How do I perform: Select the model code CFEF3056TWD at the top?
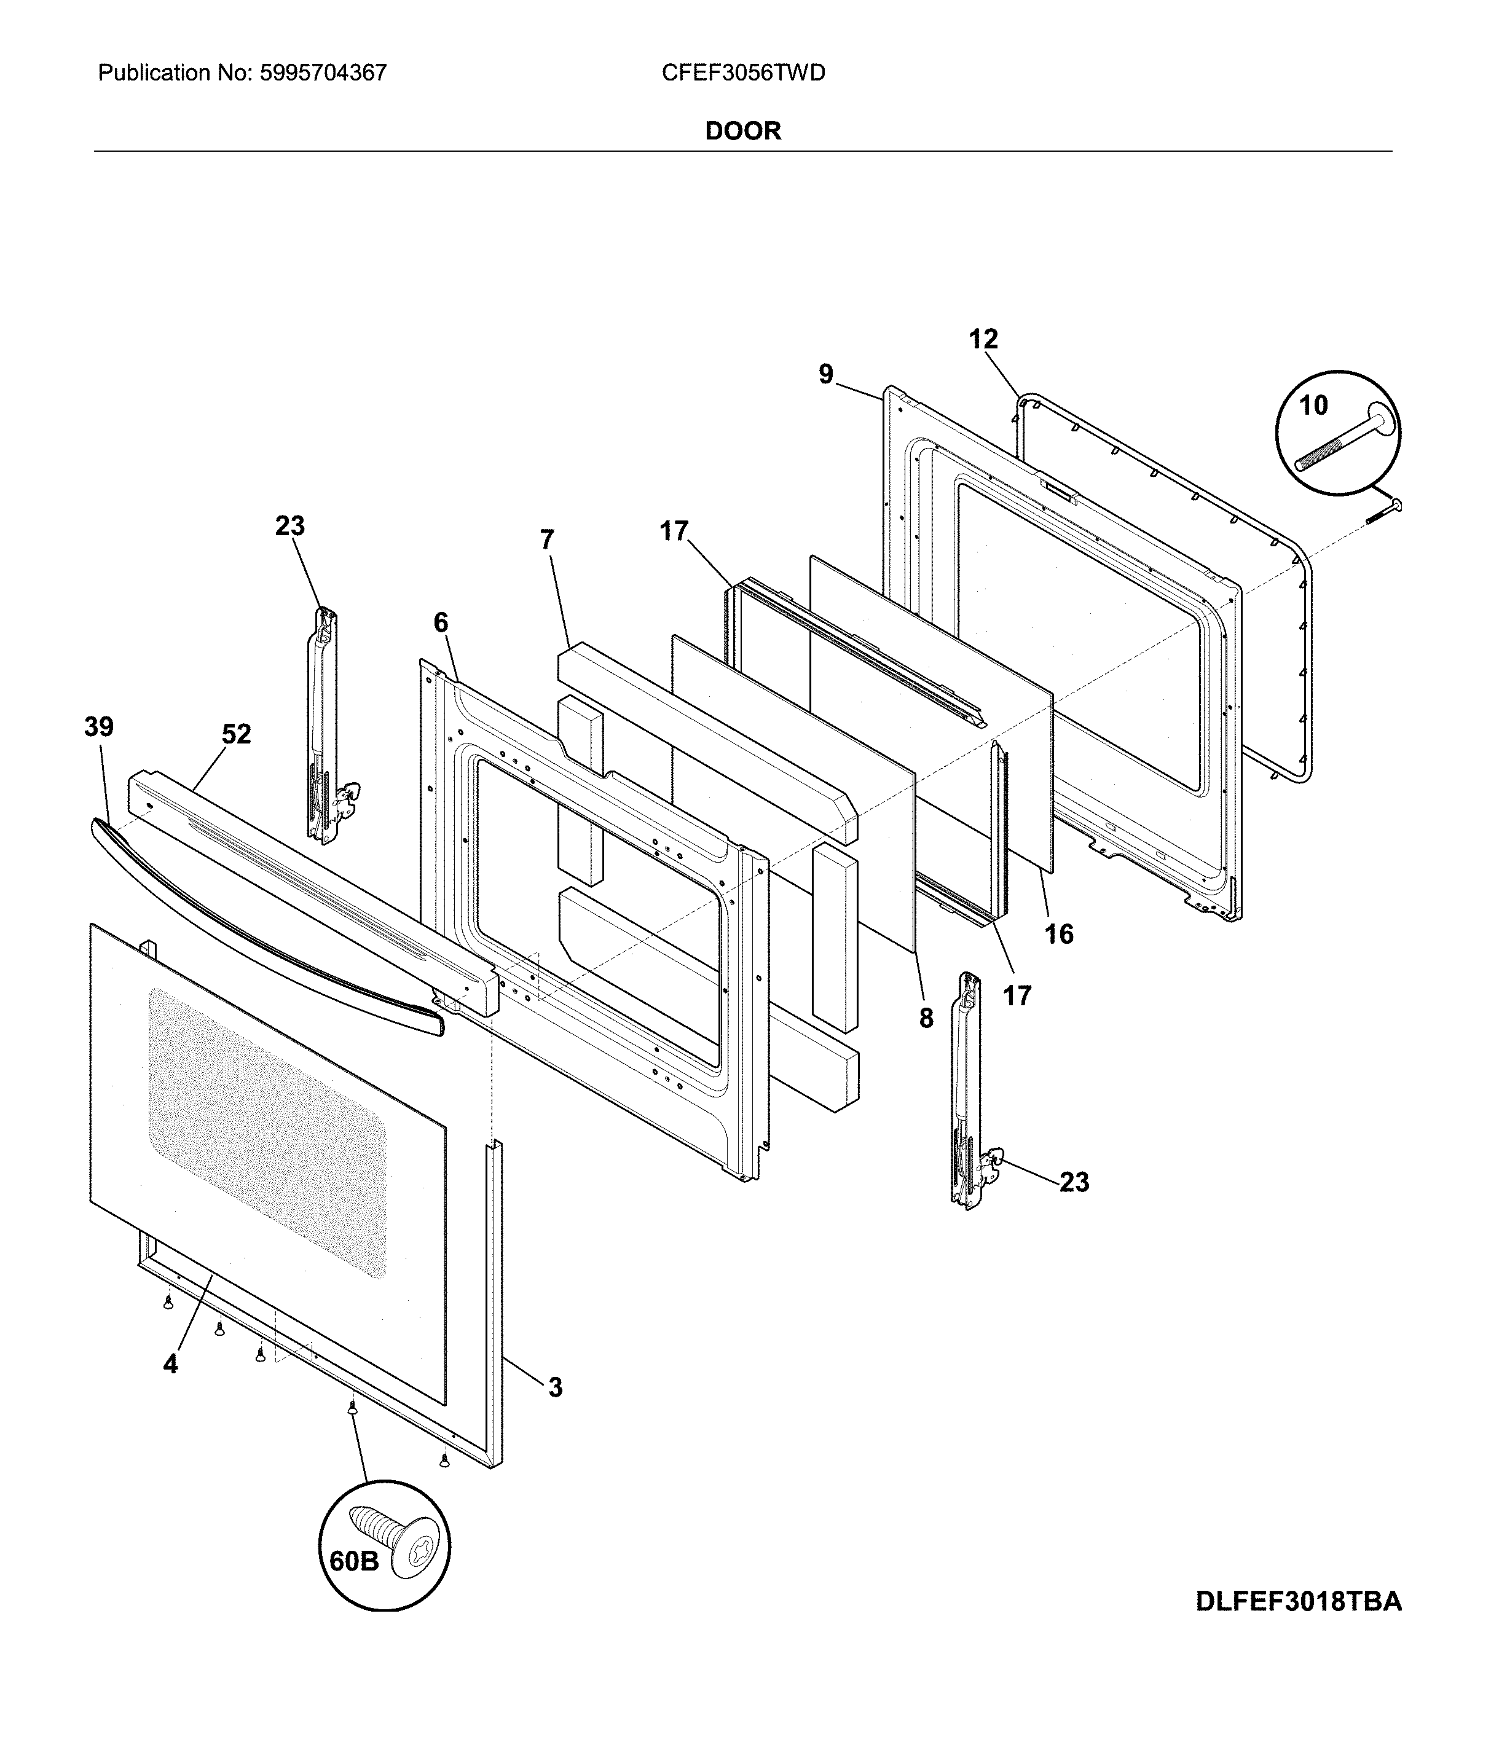(x=743, y=74)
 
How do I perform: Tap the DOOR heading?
(x=743, y=131)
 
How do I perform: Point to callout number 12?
(x=983, y=340)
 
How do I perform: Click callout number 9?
(x=826, y=374)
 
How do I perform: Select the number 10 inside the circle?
(x=1313, y=406)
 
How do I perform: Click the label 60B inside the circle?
(x=353, y=1561)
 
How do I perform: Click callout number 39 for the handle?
(x=99, y=727)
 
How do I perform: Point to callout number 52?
(x=236, y=734)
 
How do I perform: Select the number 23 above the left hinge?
(x=290, y=527)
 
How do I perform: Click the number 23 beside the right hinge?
(x=1074, y=1182)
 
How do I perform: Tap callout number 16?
(x=1058, y=934)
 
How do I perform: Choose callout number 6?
(x=441, y=623)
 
